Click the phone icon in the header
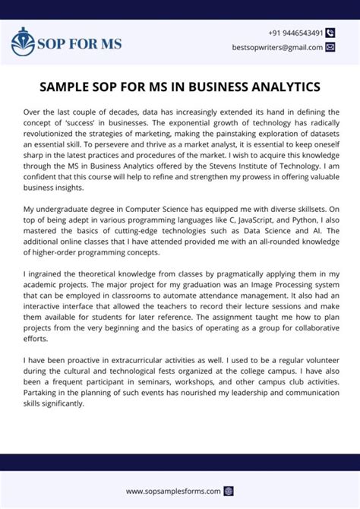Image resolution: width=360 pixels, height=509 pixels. [x=330, y=33]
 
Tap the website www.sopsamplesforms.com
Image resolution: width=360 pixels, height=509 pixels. [x=173, y=491]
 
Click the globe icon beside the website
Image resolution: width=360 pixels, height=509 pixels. [x=229, y=491]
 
